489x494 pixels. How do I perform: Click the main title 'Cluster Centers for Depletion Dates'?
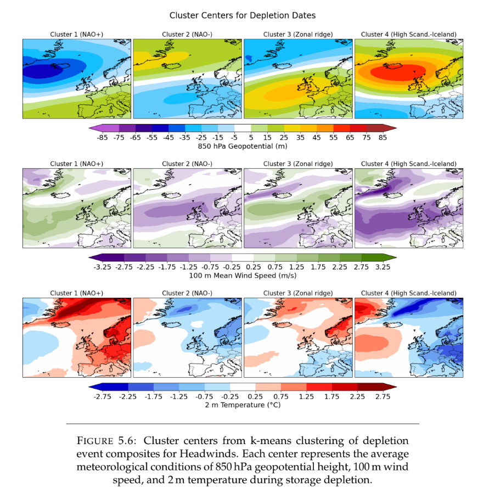click(242, 15)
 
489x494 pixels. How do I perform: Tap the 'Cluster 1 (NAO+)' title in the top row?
click(76, 35)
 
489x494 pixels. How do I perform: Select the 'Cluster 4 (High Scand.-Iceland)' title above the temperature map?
click(408, 293)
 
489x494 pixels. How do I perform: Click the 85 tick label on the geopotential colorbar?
click(383, 138)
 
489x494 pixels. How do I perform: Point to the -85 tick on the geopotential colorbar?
click(102, 138)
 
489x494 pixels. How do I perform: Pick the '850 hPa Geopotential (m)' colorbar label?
click(242, 146)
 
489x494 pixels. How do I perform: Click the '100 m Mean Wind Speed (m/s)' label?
click(242, 276)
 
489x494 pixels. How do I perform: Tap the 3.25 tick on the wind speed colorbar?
click(383, 267)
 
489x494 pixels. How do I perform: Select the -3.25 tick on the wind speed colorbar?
click(102, 267)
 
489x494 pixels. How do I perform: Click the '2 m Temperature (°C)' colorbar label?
click(242, 405)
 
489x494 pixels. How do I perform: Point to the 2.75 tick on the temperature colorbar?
click(383, 396)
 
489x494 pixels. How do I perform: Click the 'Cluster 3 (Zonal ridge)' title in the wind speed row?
click(297, 164)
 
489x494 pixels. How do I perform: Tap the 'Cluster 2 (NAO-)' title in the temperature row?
click(187, 293)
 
